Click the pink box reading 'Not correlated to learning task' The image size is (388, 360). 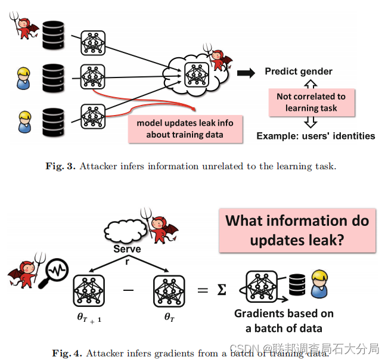[312, 102]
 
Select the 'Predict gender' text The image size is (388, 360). [299, 72]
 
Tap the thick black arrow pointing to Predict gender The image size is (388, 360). [245, 73]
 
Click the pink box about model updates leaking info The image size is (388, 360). [185, 129]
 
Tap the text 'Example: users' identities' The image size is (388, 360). [316, 136]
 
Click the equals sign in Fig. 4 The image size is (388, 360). [203, 290]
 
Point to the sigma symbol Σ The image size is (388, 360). [222, 290]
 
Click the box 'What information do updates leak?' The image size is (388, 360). [297, 230]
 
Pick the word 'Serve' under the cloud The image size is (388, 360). [128, 249]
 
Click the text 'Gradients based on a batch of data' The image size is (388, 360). [284, 321]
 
